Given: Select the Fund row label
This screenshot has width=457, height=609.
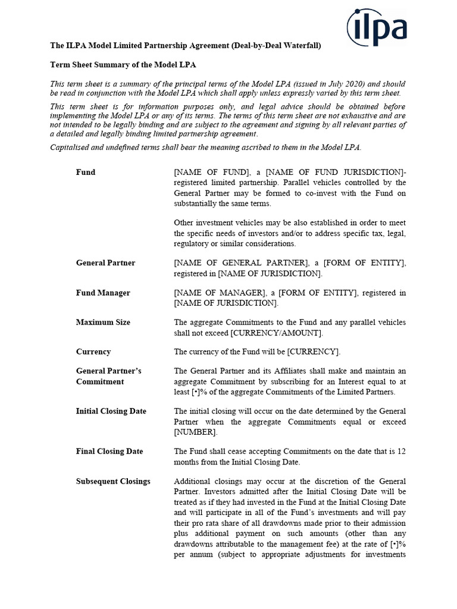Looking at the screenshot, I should [86, 172].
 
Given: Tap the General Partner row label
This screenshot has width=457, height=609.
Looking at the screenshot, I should [105, 263].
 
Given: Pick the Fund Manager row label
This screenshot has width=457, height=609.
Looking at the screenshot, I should [103, 293].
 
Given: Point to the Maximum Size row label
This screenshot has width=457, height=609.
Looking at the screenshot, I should [103, 322].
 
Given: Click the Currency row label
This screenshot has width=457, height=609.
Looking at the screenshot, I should [93, 351].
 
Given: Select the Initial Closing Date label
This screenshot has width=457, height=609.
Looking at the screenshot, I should [111, 411].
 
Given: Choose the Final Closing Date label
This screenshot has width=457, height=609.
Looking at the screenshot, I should [109, 451].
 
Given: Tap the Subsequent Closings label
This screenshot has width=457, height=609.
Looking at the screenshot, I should [113, 481].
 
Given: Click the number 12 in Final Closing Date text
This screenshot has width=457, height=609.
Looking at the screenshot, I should [401, 451].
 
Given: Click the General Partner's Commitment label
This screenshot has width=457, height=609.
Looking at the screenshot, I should [108, 376].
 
